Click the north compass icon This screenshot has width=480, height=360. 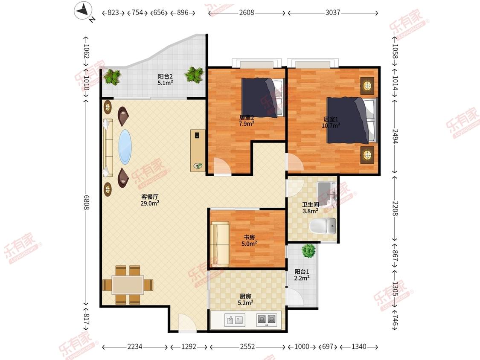[83, 11]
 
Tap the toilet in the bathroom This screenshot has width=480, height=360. [323, 226]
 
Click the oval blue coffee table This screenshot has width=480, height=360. [125, 147]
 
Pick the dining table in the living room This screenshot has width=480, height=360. [128, 285]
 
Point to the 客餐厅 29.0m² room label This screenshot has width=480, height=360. [150, 200]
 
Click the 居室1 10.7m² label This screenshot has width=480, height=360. [331, 122]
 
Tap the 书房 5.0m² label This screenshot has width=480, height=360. [249, 241]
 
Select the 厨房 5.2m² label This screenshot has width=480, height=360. [245, 299]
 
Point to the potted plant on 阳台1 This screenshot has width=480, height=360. [308, 251]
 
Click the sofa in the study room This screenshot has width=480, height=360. [219, 244]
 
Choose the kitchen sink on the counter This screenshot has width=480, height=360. [235, 320]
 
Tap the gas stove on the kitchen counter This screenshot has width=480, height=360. [266, 320]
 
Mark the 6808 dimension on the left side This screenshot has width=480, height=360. [86, 202]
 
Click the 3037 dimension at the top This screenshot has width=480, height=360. [333, 12]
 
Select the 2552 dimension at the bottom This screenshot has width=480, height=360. [247, 346]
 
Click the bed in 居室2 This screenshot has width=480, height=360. [262, 98]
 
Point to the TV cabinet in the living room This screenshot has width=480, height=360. [198, 150]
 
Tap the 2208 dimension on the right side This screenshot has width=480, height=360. [395, 208]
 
